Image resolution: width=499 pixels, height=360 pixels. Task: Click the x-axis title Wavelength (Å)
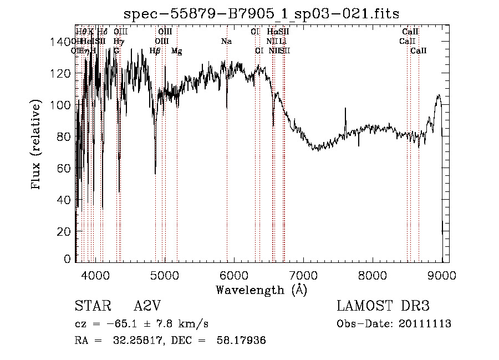pyautogui.click(x=261, y=290)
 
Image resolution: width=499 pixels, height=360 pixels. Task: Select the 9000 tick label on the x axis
pyautogui.click(x=442, y=275)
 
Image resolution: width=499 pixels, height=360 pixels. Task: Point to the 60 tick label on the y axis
pyautogui.click(x=65, y=168)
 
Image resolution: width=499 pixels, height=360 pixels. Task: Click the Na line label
pyautogui.click(x=226, y=42)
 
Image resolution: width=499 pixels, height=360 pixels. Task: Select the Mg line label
pyautogui.click(x=176, y=51)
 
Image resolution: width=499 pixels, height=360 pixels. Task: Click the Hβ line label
pyautogui.click(x=155, y=51)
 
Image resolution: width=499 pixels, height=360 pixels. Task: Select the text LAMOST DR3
pyautogui.click(x=383, y=306)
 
